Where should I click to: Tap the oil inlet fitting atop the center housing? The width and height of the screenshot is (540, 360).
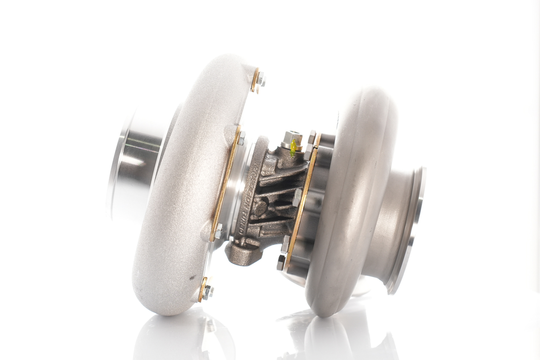click(x=292, y=140)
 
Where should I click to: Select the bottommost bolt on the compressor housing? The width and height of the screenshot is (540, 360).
click(x=207, y=290)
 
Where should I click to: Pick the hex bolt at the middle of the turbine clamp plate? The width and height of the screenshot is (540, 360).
click(x=297, y=198)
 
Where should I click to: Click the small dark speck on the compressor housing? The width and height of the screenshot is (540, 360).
click(x=191, y=277)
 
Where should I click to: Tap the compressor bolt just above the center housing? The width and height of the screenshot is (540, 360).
click(x=240, y=138)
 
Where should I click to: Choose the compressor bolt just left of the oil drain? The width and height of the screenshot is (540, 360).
click(x=218, y=230)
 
